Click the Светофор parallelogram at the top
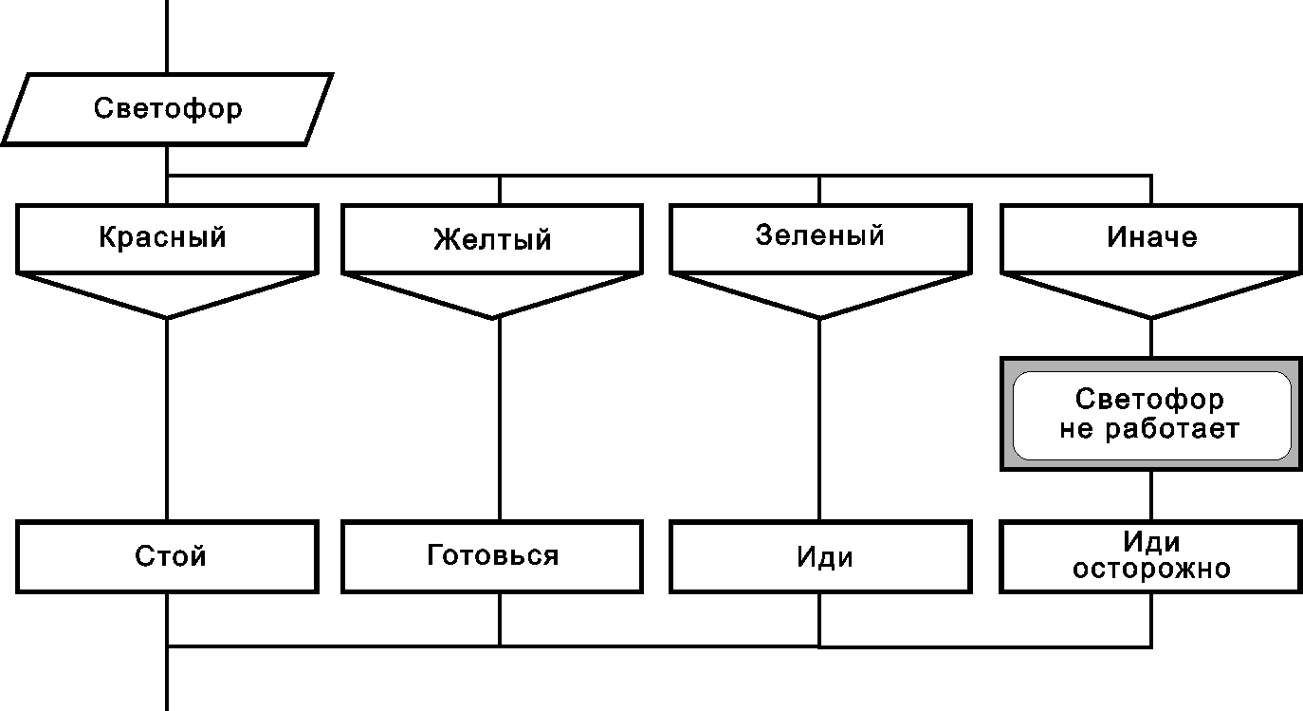[x=167, y=109]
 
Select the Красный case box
[x=167, y=237]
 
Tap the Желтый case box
[x=493, y=238]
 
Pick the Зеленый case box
[x=820, y=236]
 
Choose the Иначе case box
[x=1151, y=237]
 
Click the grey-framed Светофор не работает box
[x=1151, y=414]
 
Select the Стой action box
[x=167, y=556]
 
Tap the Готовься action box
[x=493, y=556]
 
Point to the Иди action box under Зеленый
[x=821, y=556]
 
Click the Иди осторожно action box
[x=1151, y=556]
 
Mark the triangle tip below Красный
[x=167, y=316]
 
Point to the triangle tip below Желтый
[x=495, y=316]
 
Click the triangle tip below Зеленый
[x=820, y=316]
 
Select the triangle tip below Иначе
[x=1151, y=316]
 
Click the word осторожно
[x=1151, y=570]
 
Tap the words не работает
[x=1149, y=429]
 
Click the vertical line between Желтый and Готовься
[x=500, y=418]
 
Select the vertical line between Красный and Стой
[x=167, y=418]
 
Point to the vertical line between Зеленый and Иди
[x=820, y=418]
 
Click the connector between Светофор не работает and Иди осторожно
[x=1151, y=495]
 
